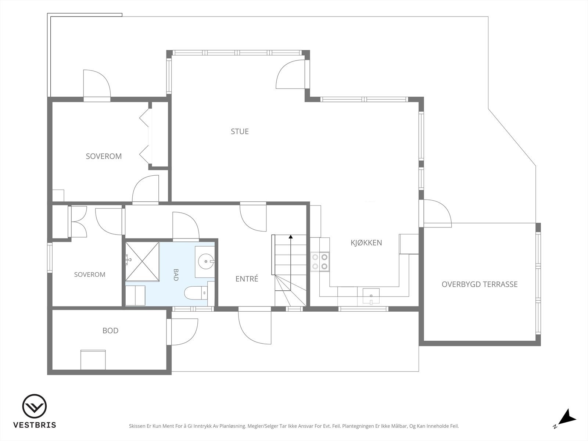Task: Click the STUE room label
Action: (240, 132)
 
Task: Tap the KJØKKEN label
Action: (366, 243)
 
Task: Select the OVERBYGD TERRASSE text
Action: (480, 284)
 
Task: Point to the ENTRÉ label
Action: (247, 279)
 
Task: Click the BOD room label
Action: (110, 331)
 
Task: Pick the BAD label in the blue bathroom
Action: (176, 275)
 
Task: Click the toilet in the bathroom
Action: (196, 293)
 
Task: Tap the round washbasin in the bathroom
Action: (206, 261)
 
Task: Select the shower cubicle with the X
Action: (142, 262)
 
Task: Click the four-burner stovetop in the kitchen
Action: (320, 262)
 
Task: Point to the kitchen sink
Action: (371, 296)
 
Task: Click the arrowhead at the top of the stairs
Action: (291, 237)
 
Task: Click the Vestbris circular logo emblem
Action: (35, 406)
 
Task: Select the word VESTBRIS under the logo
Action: (35, 425)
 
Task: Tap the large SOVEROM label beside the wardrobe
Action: (104, 157)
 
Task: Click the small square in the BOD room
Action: (93, 360)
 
